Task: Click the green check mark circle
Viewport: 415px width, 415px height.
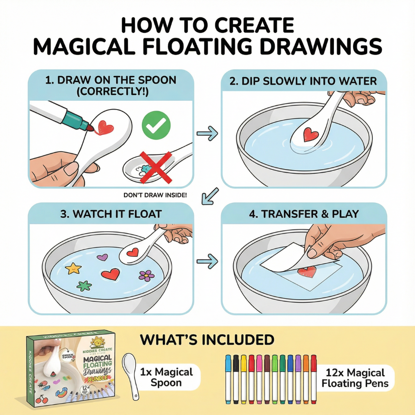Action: click(x=156, y=124)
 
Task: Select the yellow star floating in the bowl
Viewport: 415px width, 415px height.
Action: click(x=73, y=268)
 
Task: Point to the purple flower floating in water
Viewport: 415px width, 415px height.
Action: click(x=146, y=275)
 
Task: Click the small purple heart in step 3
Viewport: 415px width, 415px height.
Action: click(x=102, y=257)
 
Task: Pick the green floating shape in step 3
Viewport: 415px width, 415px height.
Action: click(x=84, y=286)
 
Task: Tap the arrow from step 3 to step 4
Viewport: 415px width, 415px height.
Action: click(x=207, y=261)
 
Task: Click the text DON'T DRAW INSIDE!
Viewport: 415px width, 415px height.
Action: click(x=155, y=195)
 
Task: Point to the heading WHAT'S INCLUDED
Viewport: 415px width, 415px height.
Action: click(x=207, y=340)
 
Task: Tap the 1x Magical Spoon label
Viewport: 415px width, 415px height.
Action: click(x=166, y=377)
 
